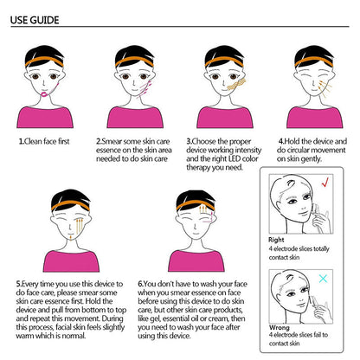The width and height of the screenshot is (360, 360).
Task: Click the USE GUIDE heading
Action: click(x=35, y=20)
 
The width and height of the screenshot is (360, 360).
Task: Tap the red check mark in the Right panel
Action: click(x=325, y=182)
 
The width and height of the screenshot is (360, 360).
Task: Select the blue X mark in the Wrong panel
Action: click(x=323, y=279)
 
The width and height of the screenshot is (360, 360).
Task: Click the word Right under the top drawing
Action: click(x=276, y=240)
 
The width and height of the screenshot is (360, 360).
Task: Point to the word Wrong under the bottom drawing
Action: click(x=279, y=327)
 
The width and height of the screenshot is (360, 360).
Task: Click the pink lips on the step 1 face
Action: click(x=45, y=94)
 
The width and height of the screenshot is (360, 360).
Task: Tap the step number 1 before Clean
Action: click(x=21, y=141)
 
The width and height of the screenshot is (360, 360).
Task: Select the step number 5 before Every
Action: click(x=18, y=284)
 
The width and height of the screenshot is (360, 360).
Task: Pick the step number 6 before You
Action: click(x=140, y=284)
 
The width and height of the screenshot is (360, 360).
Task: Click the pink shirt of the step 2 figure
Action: click(x=135, y=118)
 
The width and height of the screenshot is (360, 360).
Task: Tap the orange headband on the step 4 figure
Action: click(x=314, y=61)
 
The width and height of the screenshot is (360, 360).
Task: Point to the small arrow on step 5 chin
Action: click(x=71, y=236)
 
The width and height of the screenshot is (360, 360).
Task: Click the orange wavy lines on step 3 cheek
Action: click(x=236, y=84)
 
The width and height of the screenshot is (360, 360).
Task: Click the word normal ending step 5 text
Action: click(x=74, y=336)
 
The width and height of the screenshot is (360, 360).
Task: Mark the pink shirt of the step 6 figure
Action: click(x=196, y=261)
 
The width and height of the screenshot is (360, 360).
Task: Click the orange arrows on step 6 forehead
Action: click(x=203, y=209)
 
